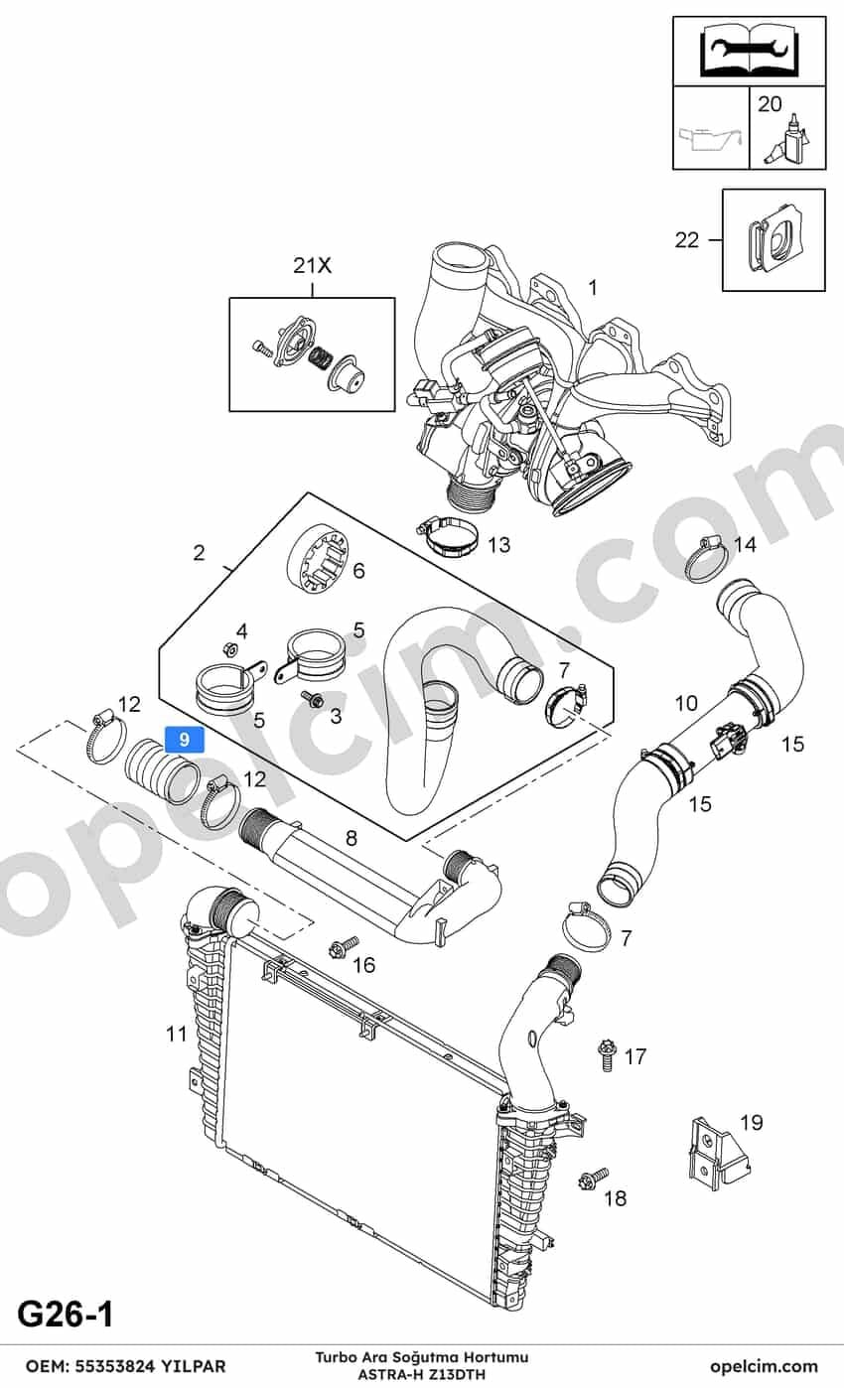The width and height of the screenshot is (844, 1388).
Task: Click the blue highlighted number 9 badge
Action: (184, 740)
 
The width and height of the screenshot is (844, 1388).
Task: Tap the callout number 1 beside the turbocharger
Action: (593, 288)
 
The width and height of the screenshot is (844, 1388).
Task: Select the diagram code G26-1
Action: (66, 1315)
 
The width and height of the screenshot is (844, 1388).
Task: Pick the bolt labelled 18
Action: (592, 1179)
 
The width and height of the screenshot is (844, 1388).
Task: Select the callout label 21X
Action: (313, 265)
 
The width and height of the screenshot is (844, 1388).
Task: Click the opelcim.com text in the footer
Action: (764, 1366)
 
